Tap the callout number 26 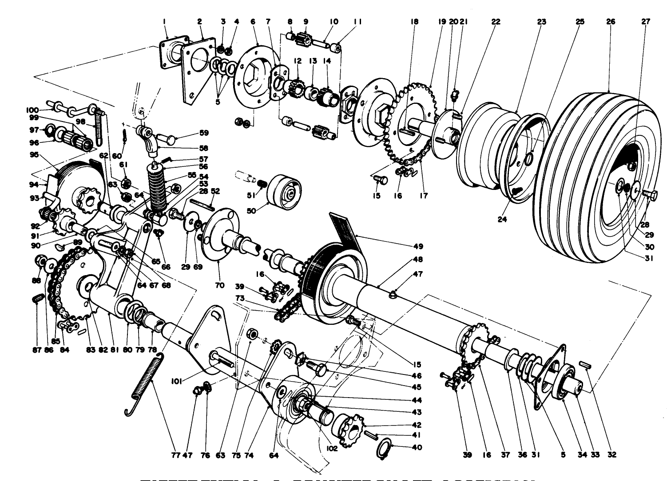pos(611,21)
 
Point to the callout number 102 pos(332,448)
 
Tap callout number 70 pos(219,285)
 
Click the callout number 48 pos(417,259)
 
